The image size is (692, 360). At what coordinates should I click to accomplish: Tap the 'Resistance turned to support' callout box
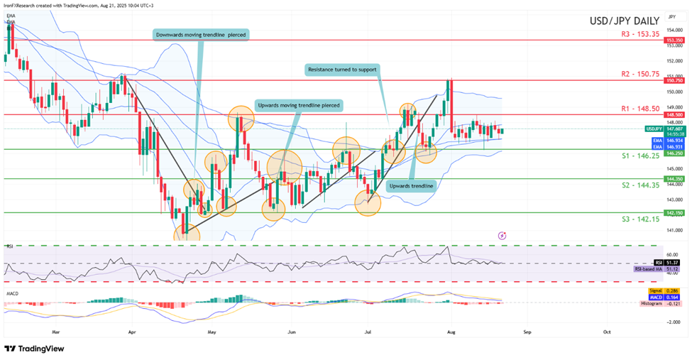pyautogui.click(x=342, y=70)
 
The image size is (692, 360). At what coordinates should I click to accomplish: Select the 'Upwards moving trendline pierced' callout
pyautogui.click(x=299, y=104)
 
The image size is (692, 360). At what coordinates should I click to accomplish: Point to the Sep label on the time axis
pyautogui.click(x=526, y=331)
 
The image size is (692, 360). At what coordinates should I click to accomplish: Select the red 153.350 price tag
pyautogui.click(x=674, y=41)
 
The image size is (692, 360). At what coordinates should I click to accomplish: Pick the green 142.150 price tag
pyautogui.click(x=674, y=212)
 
